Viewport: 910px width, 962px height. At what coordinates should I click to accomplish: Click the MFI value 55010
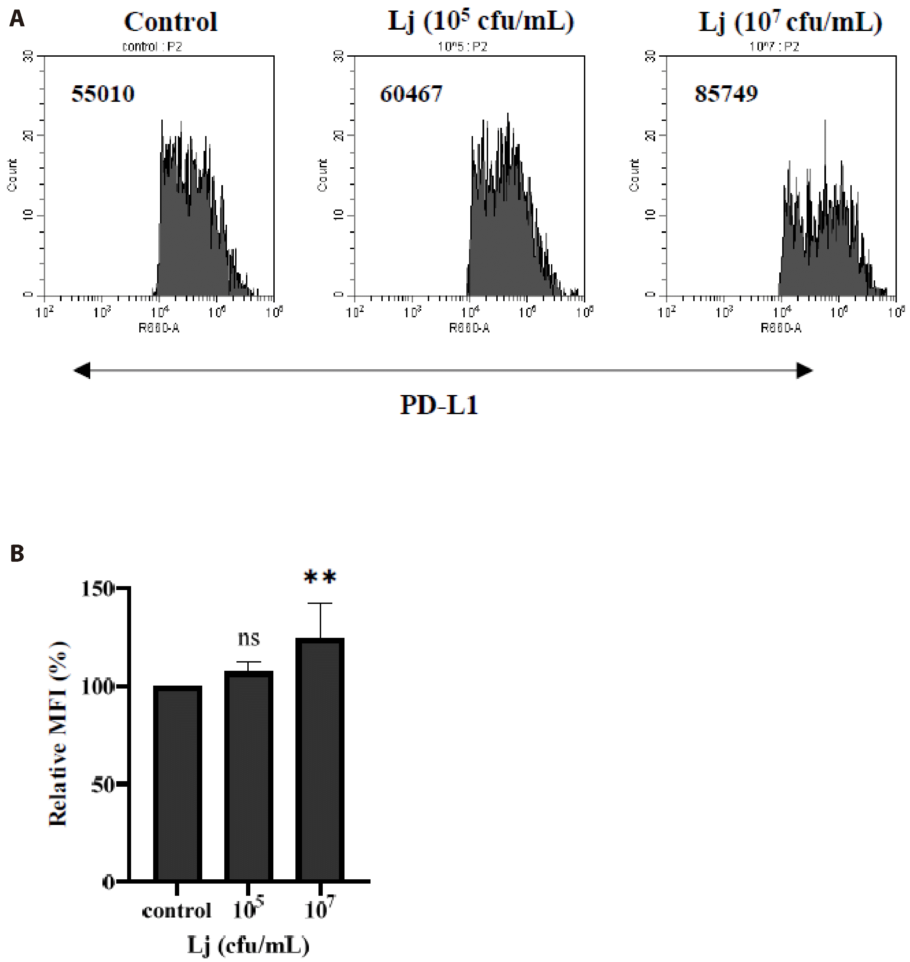[x=103, y=94]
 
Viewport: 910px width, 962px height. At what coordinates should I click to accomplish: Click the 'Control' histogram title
[x=171, y=22]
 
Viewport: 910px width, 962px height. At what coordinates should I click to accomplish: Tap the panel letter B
[x=17, y=553]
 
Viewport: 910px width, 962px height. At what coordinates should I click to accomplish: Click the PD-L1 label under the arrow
[x=439, y=405]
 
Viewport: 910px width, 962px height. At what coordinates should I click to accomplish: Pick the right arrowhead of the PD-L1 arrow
[x=805, y=371]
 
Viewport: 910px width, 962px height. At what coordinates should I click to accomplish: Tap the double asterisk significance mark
[x=320, y=577]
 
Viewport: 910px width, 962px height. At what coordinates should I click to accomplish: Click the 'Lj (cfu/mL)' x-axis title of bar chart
[x=248, y=945]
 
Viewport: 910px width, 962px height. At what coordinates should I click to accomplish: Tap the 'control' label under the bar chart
[x=177, y=911]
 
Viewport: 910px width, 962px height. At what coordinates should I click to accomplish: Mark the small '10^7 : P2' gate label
[x=774, y=46]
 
